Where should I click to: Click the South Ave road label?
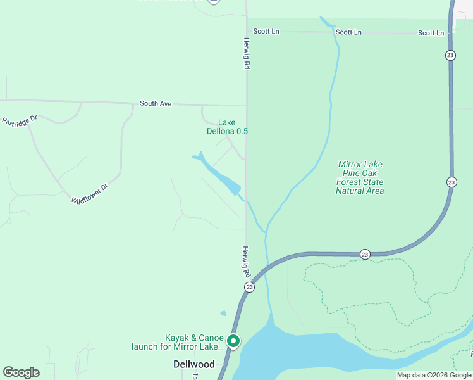pos(156,103)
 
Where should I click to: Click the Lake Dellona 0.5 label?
pos(227,127)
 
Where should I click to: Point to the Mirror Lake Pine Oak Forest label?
pos(360,177)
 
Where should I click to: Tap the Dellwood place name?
pos(194,364)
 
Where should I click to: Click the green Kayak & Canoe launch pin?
pos(233,341)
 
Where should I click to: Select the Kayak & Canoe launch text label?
pos(177,342)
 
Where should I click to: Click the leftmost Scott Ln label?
pos(266,31)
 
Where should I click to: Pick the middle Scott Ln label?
pos(348,32)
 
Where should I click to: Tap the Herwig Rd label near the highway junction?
pos(245,262)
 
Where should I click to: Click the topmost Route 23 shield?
pos(450,56)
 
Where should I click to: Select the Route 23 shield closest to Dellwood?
pos(249,287)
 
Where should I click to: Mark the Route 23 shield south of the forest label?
pos(365,254)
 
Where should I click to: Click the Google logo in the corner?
pos(21,372)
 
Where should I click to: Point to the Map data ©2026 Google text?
pos(434,375)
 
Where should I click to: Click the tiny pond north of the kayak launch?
pos(223,313)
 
